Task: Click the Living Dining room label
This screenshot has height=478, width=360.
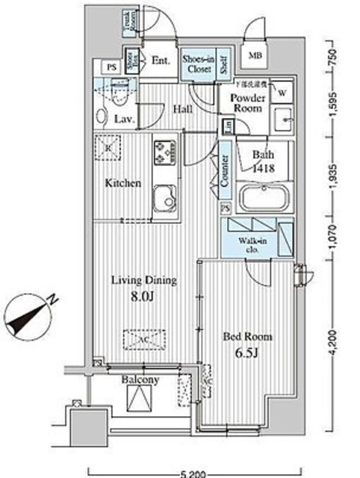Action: coord(143,281)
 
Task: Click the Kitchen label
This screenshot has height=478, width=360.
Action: coord(122,182)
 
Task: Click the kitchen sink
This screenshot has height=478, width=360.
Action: coord(164,200)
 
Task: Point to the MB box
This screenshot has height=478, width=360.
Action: coord(255,55)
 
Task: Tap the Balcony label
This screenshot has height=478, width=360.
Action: coord(140,380)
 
